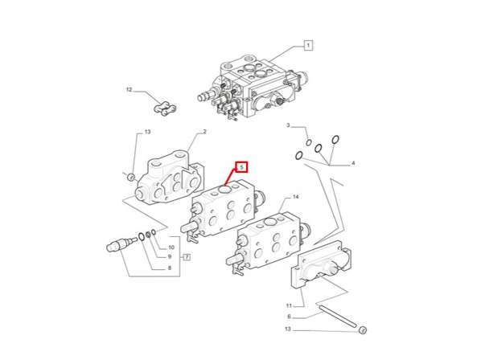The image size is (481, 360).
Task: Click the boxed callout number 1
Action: (x=307, y=46)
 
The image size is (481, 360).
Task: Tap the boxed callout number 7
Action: (x=186, y=257)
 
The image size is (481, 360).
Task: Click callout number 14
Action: (x=295, y=197)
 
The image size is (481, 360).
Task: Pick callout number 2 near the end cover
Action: (x=204, y=132)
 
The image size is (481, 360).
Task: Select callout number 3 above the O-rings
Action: (x=288, y=125)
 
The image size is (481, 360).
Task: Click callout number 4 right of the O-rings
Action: (x=351, y=163)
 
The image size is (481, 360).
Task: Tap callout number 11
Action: (x=289, y=305)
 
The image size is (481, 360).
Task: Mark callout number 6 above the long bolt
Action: (x=289, y=317)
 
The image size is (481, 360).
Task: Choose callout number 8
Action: (x=169, y=268)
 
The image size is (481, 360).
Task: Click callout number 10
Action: (x=170, y=247)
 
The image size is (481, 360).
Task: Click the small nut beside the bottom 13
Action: (x=361, y=329)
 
